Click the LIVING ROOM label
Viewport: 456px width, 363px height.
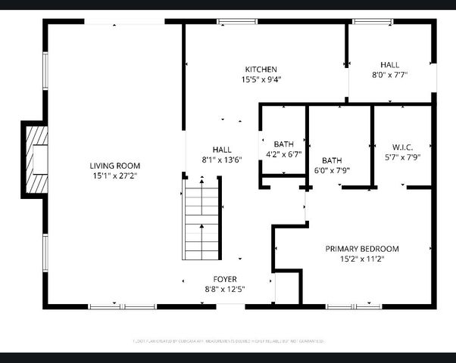115,166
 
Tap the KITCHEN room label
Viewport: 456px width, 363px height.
260,69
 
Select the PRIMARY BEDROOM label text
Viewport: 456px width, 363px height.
361,248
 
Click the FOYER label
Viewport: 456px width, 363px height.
224,278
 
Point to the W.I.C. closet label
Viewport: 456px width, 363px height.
401,146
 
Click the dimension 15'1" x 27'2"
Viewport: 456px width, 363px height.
115,175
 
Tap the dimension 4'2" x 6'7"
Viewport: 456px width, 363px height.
283,154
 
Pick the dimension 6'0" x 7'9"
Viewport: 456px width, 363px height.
332,170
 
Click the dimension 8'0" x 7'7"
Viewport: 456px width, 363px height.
389,75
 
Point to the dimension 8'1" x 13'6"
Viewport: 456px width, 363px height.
222,160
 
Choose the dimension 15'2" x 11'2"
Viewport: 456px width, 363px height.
361,259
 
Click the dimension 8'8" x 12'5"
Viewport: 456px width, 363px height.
224,289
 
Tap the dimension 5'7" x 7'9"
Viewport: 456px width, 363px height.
401,157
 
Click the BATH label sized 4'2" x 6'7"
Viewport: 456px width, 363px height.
283,144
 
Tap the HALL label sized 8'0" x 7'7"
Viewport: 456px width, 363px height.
389,65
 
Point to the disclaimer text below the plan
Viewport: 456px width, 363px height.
228,341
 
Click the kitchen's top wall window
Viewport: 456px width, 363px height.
227,21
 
